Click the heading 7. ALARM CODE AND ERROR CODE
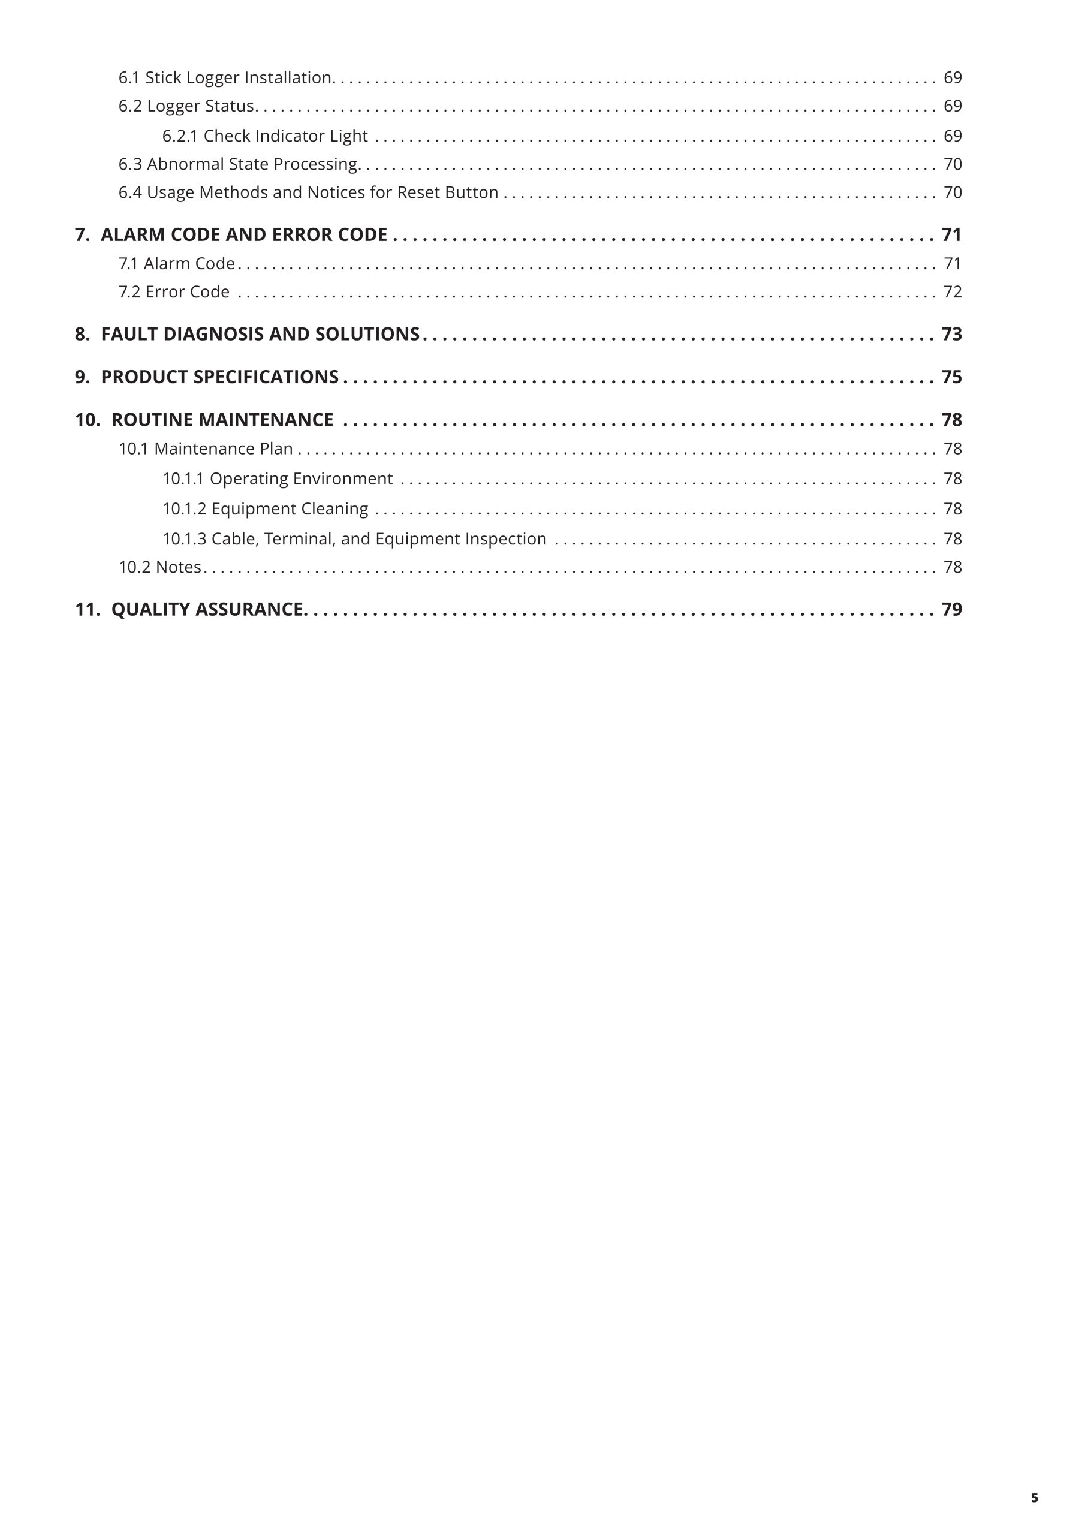(x=231, y=234)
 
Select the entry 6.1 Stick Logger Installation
(x=225, y=77)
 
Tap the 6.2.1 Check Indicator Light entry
(x=265, y=136)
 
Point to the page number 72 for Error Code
(x=952, y=291)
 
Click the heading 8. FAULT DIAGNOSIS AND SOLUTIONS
(x=247, y=333)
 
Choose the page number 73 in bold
(x=951, y=333)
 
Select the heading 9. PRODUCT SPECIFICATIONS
(x=207, y=377)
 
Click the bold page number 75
(x=951, y=377)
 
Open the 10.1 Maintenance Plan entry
(x=206, y=449)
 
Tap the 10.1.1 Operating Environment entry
(x=278, y=478)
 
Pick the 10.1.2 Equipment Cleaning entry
(x=265, y=509)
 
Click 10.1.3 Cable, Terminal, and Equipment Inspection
(x=354, y=539)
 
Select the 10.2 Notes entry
(x=160, y=567)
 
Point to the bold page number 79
(x=951, y=609)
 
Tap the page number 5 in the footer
(x=1034, y=1498)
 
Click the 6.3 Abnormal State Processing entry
(x=239, y=164)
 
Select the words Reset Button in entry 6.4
(x=447, y=192)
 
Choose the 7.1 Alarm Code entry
(x=176, y=263)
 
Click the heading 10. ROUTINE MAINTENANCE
(x=204, y=419)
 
